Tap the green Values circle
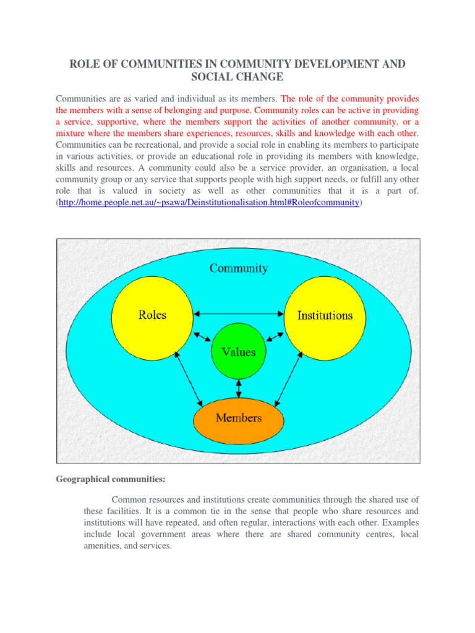239,352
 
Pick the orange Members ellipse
239,418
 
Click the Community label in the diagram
239,268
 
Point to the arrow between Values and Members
239,388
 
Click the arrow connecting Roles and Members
189,378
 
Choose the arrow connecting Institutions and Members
288,378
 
